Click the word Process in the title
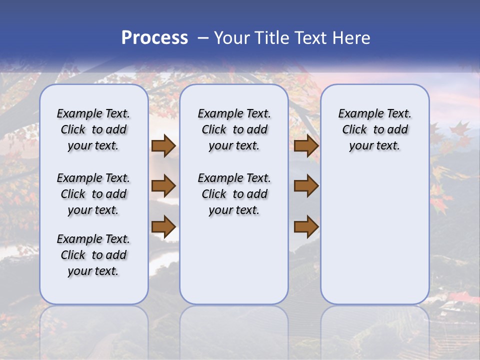[154, 38]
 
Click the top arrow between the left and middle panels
[163, 146]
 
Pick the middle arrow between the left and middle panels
[163, 186]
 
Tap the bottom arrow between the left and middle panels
[163, 227]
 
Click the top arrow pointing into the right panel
[306, 146]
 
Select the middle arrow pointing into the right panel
[306, 186]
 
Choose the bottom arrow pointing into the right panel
[306, 227]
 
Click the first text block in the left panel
[93, 129]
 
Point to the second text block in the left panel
[93, 194]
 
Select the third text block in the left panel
[93, 255]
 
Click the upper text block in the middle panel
[234, 129]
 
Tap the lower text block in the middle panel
[234, 194]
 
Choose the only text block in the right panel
[374, 129]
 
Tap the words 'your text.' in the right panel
[374, 145]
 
